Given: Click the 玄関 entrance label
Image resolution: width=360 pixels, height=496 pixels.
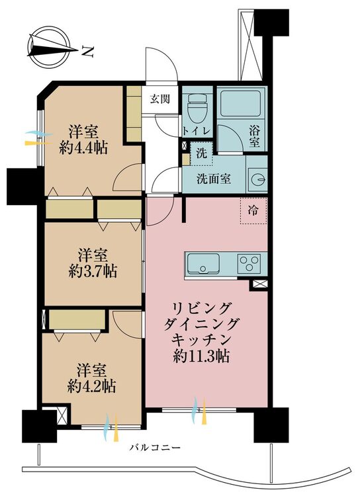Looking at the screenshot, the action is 160,99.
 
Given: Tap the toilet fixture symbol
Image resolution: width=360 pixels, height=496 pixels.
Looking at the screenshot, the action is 197,109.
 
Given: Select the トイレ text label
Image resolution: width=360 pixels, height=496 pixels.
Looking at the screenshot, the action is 197,131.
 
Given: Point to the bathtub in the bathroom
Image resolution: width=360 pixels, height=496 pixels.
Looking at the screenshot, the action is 241,103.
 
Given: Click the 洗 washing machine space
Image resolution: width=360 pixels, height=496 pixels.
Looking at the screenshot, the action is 201,153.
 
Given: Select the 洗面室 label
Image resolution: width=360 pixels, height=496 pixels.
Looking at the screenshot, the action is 214,179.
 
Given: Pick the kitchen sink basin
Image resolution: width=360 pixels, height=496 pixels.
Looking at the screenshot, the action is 203,264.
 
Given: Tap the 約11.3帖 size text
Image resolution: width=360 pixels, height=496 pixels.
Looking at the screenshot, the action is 201,356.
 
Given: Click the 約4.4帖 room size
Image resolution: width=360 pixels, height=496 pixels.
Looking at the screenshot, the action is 83,147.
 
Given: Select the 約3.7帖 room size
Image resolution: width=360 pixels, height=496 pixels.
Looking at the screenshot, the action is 93,270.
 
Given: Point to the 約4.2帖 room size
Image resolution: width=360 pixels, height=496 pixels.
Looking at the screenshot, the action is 91,386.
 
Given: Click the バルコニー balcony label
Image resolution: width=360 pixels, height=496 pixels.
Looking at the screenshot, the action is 155,448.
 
